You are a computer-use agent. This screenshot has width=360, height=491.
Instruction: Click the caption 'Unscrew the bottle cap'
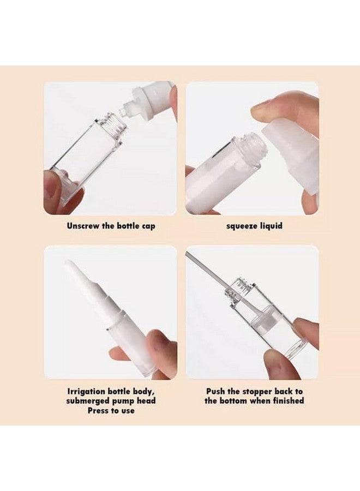coord(111,225)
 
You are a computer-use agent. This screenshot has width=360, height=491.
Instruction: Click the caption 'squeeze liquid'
coord(255,225)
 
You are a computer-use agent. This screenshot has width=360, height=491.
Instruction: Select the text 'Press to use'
coord(111,410)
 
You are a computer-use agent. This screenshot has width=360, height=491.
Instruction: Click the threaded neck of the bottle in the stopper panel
coord(238,290)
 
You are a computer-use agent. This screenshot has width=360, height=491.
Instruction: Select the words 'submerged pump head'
coord(111,401)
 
